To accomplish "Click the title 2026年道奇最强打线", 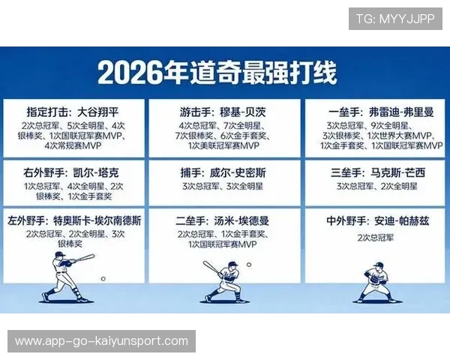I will click(217, 73).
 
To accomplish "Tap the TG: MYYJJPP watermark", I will click(395, 19).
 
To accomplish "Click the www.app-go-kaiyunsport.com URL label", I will click(102, 341).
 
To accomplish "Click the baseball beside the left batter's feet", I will click(103, 279).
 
